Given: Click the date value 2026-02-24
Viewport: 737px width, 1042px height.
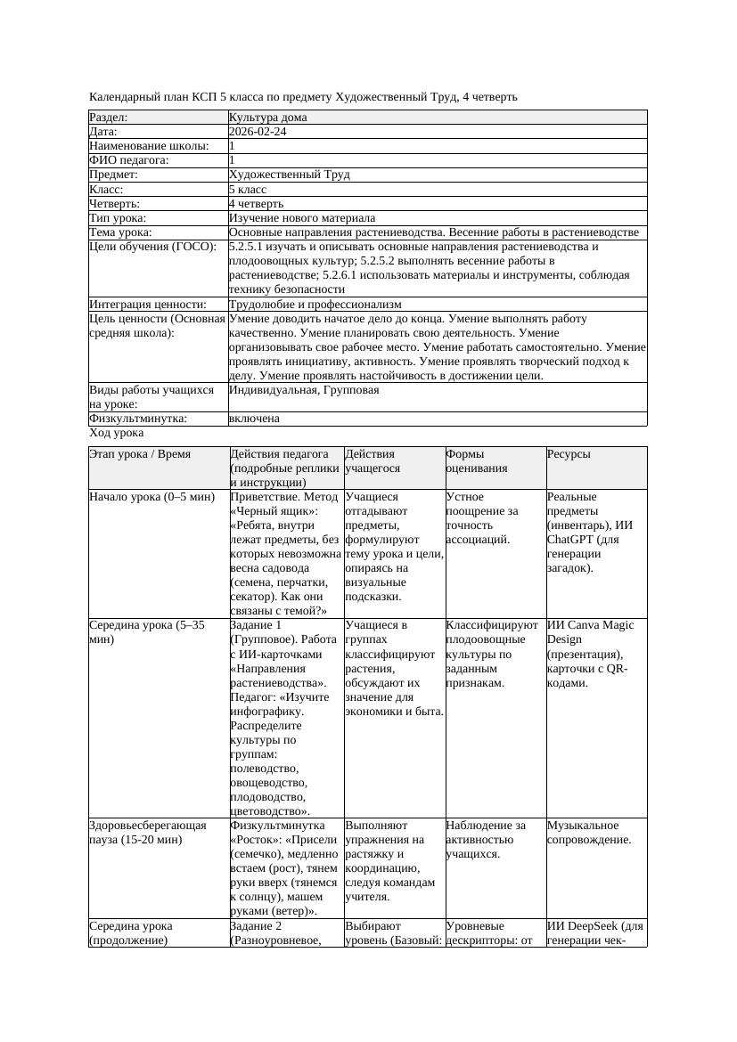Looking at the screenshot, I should (x=258, y=132).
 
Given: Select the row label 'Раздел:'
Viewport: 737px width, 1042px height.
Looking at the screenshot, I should (x=109, y=118).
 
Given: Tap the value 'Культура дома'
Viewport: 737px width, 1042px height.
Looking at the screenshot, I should (x=267, y=118).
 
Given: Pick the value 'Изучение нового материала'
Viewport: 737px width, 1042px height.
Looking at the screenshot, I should (x=302, y=218).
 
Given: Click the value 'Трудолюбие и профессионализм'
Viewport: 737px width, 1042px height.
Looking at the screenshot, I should (x=315, y=305).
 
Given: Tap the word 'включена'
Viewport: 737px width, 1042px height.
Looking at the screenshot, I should (x=254, y=419).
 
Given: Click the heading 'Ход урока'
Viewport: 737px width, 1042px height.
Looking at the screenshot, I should (x=117, y=433).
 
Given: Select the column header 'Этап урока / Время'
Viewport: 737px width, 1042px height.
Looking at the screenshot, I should (x=140, y=454).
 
